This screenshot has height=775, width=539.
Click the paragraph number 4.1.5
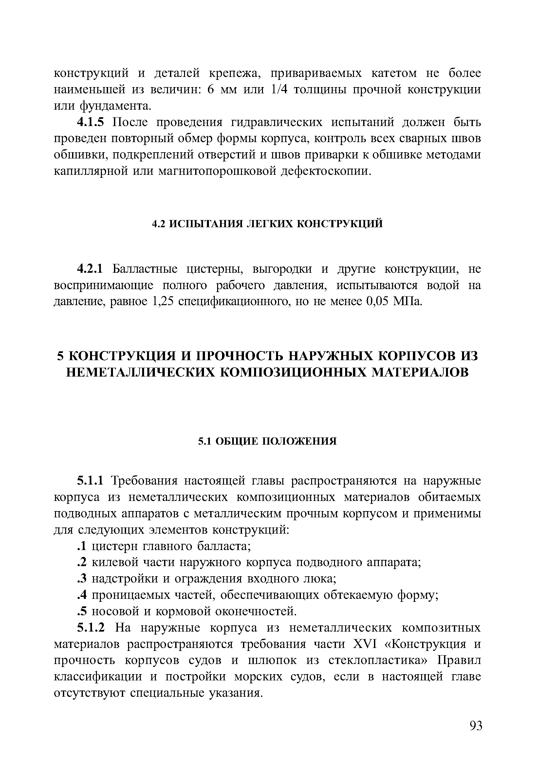coord(91,122)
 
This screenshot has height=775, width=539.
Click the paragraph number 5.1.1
coord(91,481)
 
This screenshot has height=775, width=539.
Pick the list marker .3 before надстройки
coord(82,579)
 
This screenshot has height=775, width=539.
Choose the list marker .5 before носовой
coord(82,611)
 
